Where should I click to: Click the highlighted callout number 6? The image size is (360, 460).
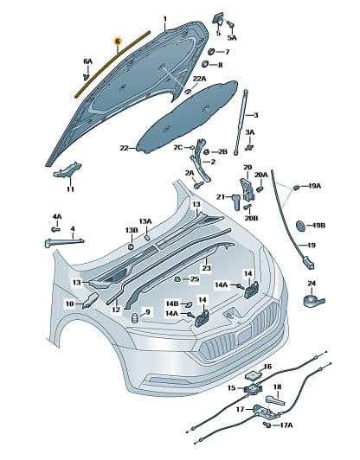118,42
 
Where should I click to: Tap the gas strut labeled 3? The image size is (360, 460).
241,123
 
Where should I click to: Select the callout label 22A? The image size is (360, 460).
199,79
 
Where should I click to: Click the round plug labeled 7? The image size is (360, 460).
211,52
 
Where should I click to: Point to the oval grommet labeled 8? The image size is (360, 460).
206,64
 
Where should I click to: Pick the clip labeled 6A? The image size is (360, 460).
87,77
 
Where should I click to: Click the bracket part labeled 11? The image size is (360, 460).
67,169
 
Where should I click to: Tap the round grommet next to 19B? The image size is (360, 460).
300,226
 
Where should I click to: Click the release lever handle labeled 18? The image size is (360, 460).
275,399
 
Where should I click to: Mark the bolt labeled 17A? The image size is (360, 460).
267,425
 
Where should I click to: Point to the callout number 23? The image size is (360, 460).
207,268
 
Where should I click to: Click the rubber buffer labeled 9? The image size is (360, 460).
134,317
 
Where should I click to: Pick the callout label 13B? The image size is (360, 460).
132,230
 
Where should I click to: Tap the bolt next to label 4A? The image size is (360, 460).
55,229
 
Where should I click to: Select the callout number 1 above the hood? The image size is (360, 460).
165,19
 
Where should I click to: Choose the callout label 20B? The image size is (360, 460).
251,218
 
